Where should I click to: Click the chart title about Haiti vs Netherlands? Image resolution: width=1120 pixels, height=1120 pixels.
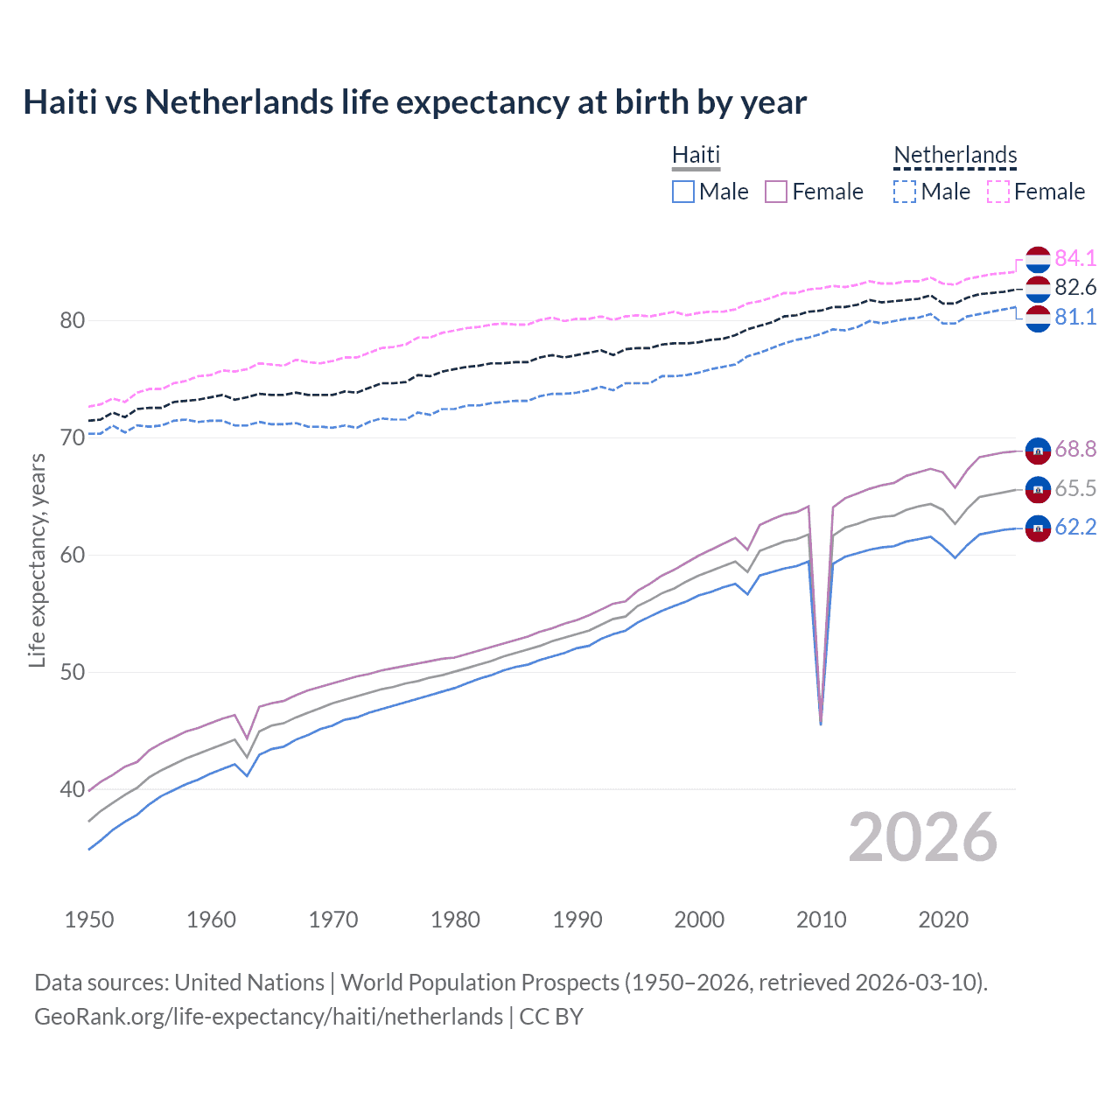coord(415,102)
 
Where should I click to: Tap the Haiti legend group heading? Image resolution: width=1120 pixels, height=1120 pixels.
coord(696,155)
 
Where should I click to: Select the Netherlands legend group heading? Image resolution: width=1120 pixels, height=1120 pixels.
coord(955,155)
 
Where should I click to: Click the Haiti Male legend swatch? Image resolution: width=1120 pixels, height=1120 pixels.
coord(683,192)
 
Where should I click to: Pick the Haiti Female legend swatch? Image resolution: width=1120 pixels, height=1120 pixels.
coord(776,192)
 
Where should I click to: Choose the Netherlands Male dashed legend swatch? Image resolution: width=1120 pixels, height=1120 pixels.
coord(905,192)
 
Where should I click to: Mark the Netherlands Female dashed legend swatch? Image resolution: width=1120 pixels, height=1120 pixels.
coord(998,192)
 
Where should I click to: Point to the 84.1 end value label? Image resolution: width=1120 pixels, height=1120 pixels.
coord(1075,258)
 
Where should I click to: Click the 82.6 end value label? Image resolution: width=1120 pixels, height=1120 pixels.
coord(1075,287)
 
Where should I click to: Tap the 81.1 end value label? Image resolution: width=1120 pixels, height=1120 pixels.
coord(1075,317)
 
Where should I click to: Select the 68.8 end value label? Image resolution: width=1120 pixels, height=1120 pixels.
coord(1075,449)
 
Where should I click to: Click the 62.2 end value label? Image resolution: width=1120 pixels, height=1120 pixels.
coord(1075,527)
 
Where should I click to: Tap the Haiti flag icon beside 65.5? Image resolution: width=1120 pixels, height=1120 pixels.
coord(1038,489)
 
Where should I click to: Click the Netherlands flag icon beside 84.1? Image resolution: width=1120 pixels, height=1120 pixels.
coord(1038,260)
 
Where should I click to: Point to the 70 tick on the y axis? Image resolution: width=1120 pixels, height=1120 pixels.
coord(73,437)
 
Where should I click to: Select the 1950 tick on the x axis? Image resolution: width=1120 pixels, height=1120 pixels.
coord(89,920)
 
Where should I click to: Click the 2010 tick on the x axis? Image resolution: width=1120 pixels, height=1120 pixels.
coord(821,920)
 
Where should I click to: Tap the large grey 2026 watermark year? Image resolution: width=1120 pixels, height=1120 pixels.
coord(922,837)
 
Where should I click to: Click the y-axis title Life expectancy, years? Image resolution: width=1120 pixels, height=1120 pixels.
coord(38,560)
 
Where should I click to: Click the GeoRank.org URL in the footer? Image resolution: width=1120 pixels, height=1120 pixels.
coord(269,1017)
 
